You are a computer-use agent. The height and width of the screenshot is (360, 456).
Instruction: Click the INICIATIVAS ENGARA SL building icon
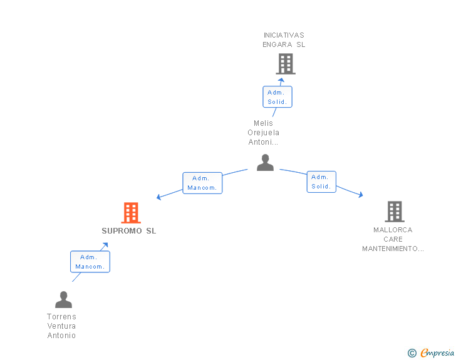(x=285, y=63)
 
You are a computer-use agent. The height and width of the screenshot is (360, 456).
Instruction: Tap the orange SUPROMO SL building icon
(x=130, y=213)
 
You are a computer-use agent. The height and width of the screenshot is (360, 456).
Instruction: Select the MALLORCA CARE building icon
(x=394, y=212)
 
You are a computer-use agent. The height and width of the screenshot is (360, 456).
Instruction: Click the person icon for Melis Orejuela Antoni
(x=266, y=162)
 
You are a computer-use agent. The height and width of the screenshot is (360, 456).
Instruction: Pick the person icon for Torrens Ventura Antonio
(x=63, y=299)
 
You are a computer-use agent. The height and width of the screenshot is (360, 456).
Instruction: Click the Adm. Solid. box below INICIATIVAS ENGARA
(x=277, y=97)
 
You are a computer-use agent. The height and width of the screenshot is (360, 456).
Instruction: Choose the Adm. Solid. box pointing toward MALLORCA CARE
(x=321, y=182)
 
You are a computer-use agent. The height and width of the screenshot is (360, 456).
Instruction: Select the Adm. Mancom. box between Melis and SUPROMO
(x=202, y=183)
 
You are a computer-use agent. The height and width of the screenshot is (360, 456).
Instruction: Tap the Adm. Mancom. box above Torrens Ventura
(x=90, y=262)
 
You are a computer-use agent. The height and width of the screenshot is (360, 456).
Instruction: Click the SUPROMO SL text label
(x=129, y=231)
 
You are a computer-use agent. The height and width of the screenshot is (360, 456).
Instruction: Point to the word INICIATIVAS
(x=284, y=35)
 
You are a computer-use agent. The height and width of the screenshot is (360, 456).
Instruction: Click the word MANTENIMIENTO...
(x=393, y=249)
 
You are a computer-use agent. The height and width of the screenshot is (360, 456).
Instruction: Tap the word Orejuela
(x=263, y=133)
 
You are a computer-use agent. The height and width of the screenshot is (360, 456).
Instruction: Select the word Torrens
(x=61, y=317)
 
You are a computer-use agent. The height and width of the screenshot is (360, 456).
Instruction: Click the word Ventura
(x=61, y=326)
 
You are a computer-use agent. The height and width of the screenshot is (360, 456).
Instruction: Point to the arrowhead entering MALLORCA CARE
(x=360, y=195)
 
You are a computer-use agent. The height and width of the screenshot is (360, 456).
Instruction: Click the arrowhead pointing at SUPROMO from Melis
(x=159, y=197)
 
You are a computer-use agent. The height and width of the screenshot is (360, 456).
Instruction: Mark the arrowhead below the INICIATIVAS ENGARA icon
(x=281, y=80)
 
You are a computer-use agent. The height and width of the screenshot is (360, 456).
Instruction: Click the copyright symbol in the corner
(x=412, y=353)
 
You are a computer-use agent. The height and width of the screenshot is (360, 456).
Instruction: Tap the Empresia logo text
(x=437, y=352)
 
